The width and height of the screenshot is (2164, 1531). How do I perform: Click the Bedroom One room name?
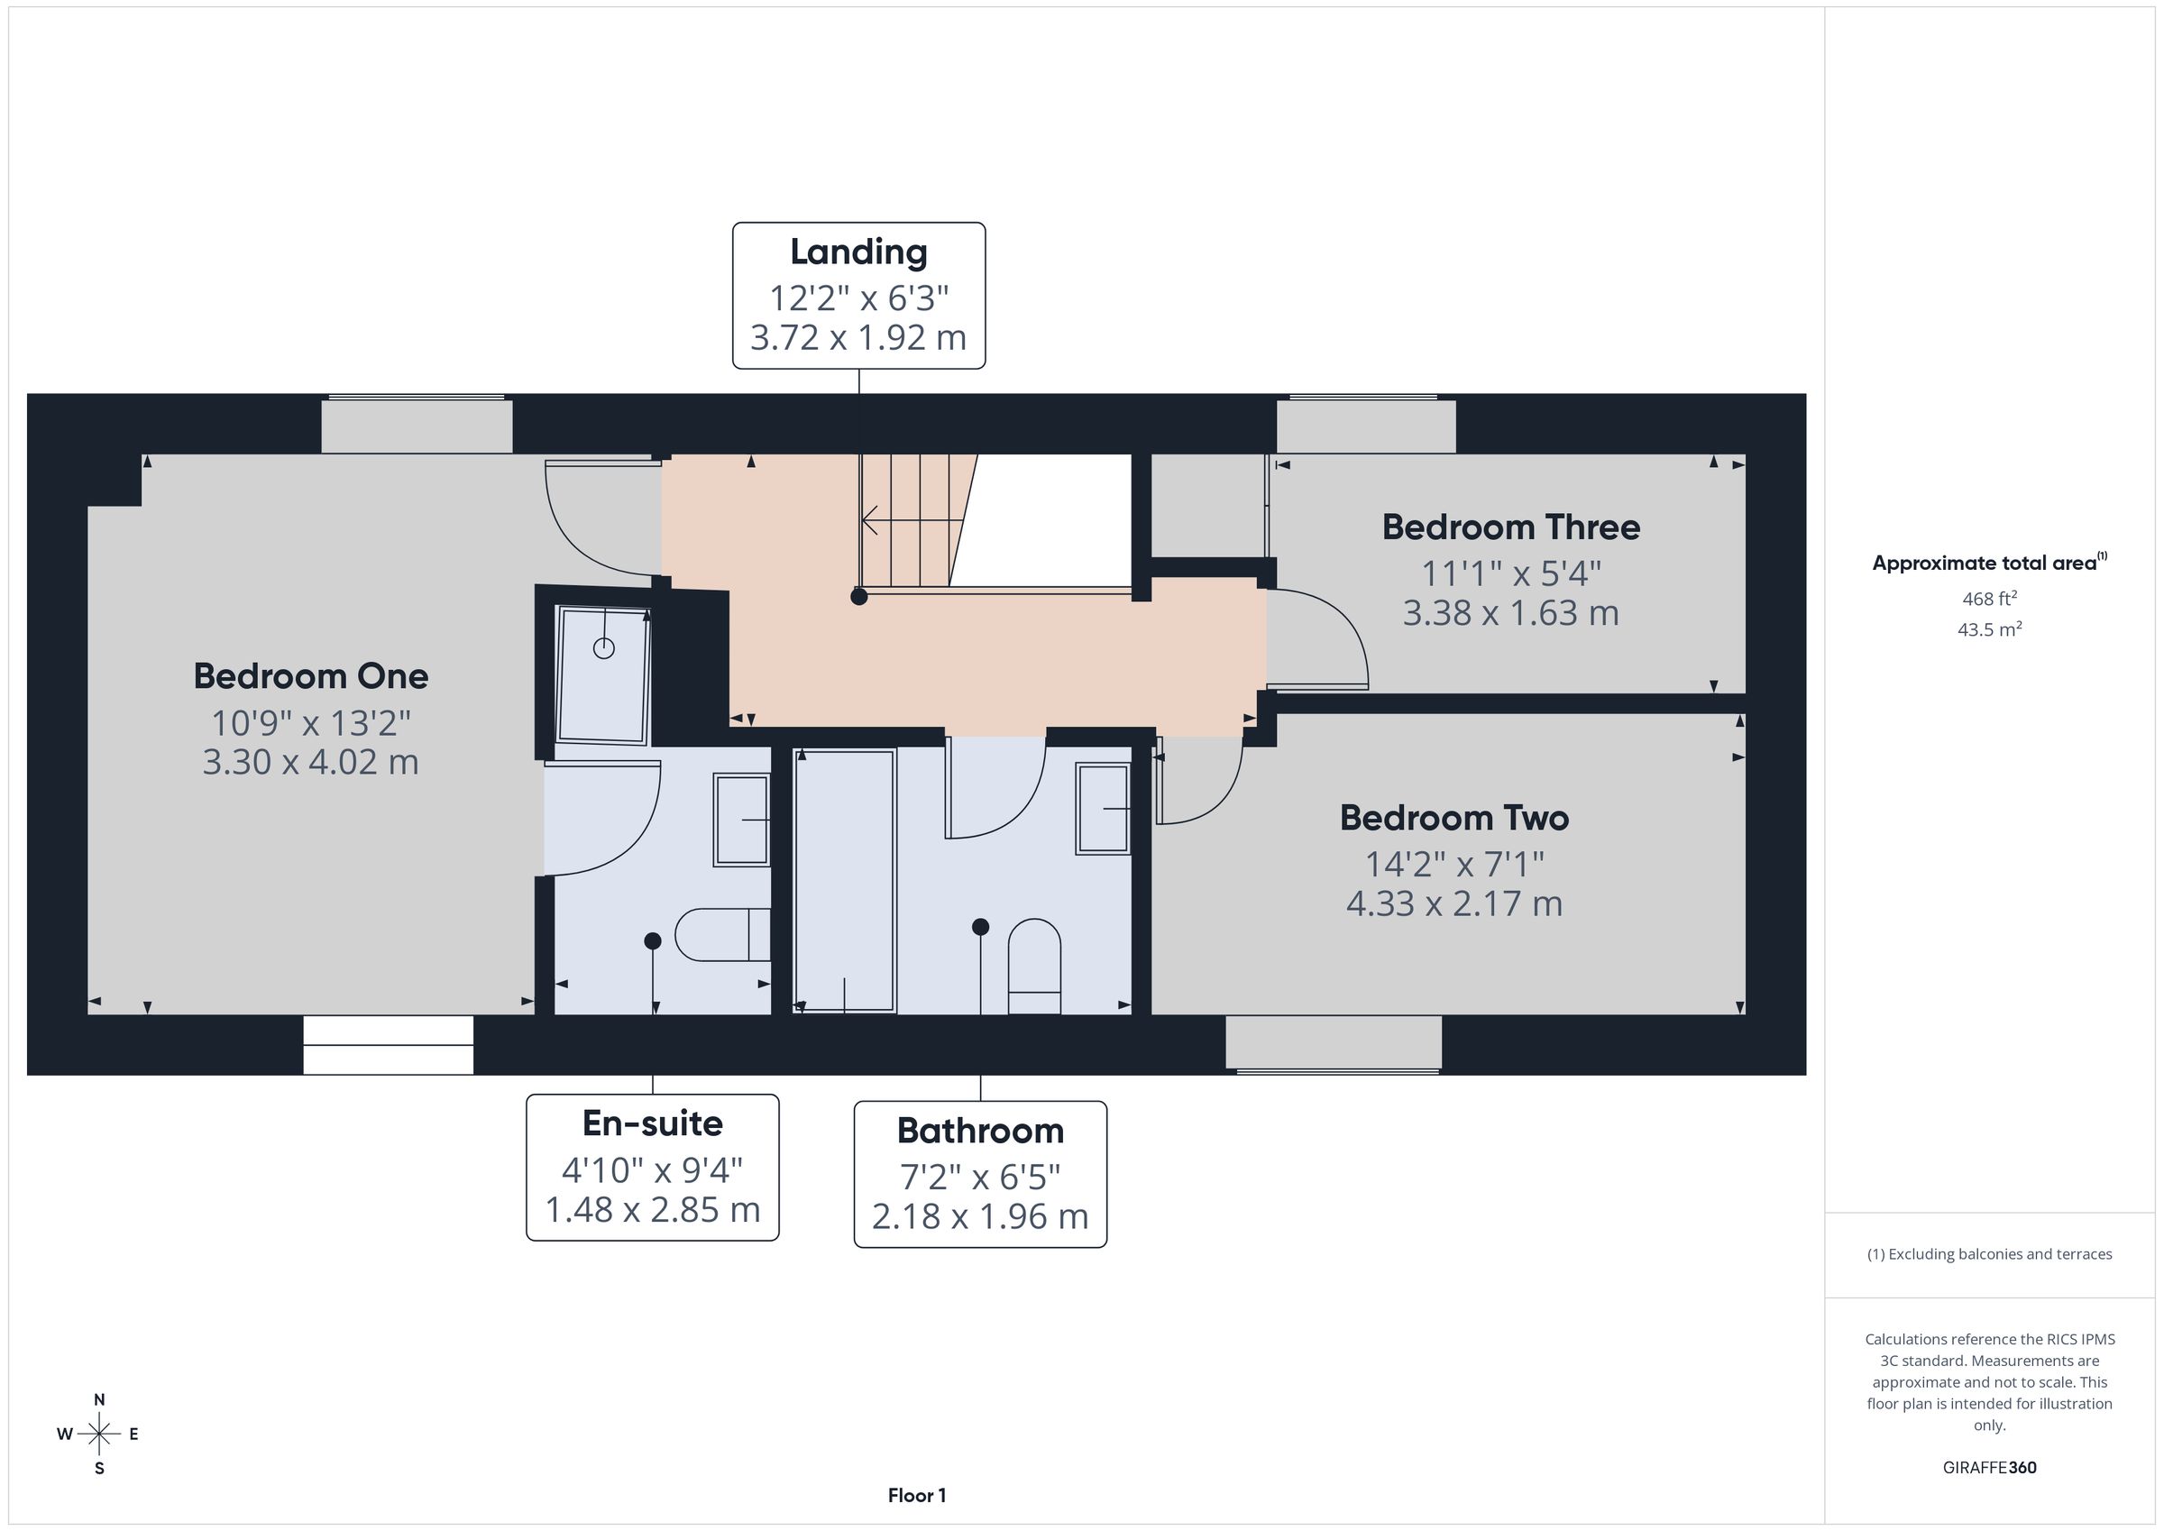[311, 676]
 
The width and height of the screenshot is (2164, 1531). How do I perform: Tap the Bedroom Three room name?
[1511, 527]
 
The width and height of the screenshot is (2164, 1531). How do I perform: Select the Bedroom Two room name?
[1454, 818]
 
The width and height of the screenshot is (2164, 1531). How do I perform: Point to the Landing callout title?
[858, 252]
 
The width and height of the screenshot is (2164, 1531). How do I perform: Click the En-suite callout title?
[652, 1123]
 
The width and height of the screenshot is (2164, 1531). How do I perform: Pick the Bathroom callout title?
[980, 1131]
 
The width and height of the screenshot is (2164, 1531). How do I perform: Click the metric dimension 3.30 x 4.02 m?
[311, 762]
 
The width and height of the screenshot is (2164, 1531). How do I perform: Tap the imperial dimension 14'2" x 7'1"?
[1454, 863]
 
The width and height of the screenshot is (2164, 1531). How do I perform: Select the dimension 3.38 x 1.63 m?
[1511, 613]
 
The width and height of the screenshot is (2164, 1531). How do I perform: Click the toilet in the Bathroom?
[1034, 966]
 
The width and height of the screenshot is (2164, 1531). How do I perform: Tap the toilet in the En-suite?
[723, 934]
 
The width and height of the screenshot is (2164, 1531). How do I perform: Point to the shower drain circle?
[604, 647]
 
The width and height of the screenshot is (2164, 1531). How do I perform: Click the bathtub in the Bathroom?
[845, 881]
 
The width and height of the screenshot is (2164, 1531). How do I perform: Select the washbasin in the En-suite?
[742, 821]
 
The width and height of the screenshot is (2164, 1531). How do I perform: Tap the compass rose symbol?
[99, 1434]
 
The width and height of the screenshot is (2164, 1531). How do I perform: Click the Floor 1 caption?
[916, 1495]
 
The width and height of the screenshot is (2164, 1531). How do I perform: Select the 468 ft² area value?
[1989, 598]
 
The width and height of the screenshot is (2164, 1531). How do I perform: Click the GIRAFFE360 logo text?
[1989, 1467]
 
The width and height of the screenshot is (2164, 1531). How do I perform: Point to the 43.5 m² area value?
[1989, 628]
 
